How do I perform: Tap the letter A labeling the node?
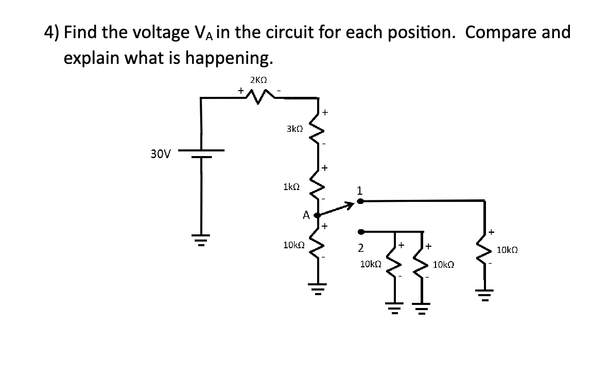click(306, 215)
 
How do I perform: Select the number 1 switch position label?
click(360, 191)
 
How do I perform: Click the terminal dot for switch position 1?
click(361, 201)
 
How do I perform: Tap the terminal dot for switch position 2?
click(361, 231)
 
